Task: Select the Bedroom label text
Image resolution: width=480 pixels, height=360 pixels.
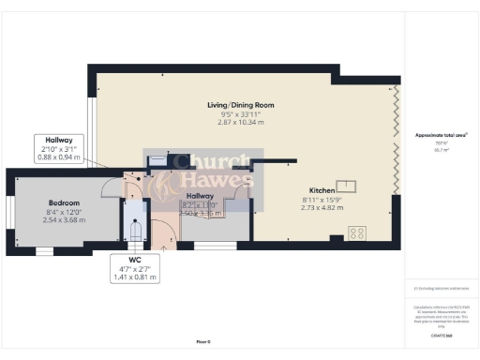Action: coord(65,202)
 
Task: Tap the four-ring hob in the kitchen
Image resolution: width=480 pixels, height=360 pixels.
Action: coord(357,232)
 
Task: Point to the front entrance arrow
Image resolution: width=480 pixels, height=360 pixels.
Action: coord(165,247)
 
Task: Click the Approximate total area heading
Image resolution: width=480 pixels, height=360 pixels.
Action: coord(435,135)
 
